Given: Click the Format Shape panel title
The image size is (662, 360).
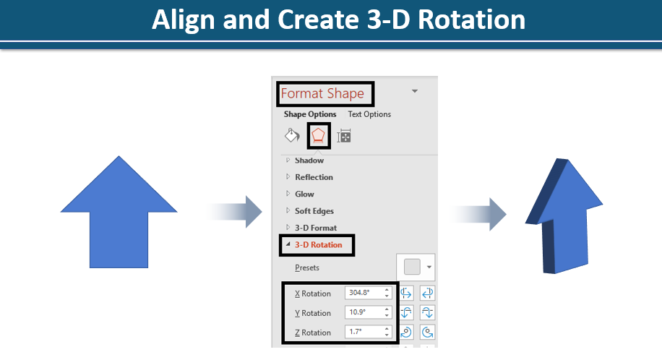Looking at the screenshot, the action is coord(322,93).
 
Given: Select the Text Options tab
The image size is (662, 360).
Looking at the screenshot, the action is coord(369,114).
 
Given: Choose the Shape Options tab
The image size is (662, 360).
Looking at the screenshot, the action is coord(310,114).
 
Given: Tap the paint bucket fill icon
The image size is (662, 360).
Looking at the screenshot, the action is coord(292,136).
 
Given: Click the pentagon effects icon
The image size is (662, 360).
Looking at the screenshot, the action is coord(318,136).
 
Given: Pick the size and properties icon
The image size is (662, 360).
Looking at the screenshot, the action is coord(344,136).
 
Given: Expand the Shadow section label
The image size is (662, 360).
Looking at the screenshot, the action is coord(309,160).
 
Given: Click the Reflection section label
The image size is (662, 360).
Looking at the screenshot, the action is coord(314,177).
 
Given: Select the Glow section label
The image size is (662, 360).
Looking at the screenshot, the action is coord(304,194).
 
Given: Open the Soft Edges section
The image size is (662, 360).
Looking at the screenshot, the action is coord(314,211).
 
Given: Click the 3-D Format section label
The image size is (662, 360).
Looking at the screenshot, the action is coord(316,228).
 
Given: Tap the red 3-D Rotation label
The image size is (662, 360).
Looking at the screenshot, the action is coord(318,244).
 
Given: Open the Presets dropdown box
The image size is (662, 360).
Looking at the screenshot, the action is coord(416,267).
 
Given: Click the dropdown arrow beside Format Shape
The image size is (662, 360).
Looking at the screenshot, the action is coord(415,91).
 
